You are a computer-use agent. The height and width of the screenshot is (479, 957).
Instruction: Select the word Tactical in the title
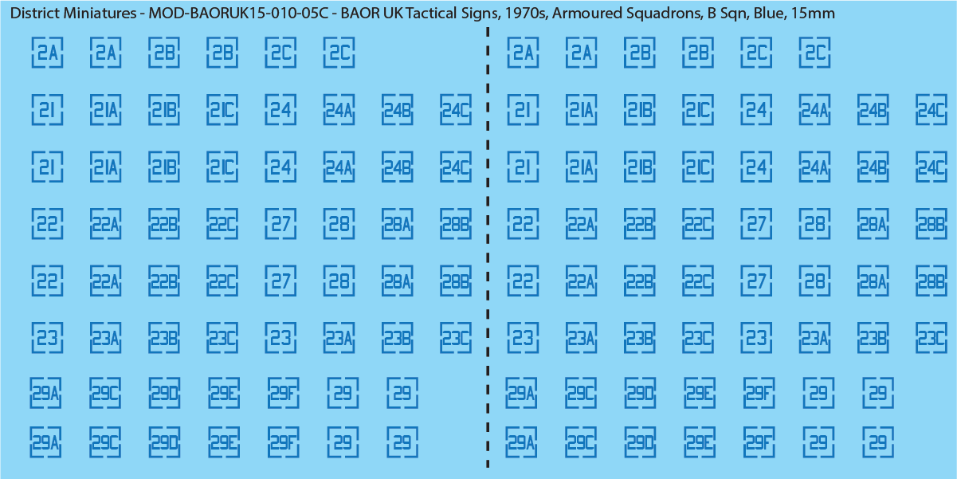(430, 14)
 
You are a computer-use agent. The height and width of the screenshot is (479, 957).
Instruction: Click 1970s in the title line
(526, 14)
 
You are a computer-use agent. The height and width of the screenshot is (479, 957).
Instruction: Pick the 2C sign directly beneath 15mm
(815, 53)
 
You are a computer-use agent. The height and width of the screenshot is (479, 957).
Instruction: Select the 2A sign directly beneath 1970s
(523, 53)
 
